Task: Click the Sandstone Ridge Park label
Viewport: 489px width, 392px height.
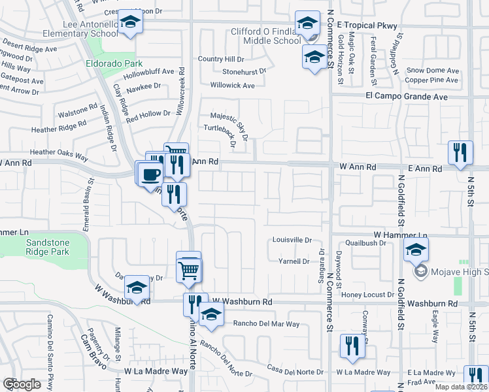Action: point(46,246)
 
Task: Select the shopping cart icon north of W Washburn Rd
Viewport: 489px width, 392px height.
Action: point(189,269)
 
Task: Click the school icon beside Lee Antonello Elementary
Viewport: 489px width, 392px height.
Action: point(131,23)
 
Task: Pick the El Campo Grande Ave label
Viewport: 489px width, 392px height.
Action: point(406,96)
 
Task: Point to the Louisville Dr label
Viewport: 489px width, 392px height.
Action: point(292,240)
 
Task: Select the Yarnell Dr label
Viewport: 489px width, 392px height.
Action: point(294,261)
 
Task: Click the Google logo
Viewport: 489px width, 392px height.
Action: point(22,384)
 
